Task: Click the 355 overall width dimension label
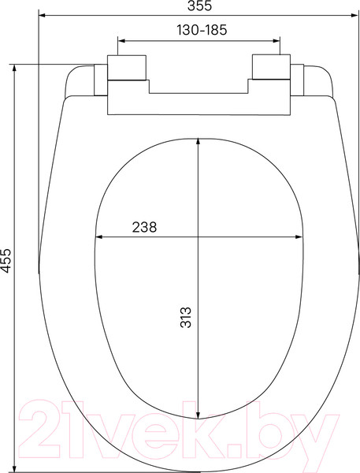(199, 7)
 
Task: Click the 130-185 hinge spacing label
(199, 29)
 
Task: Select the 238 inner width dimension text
(143, 226)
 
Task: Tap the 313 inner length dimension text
(186, 316)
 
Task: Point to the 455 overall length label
(6, 261)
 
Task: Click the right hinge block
(272, 69)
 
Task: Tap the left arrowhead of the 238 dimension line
(98, 236)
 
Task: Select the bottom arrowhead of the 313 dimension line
(199, 415)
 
